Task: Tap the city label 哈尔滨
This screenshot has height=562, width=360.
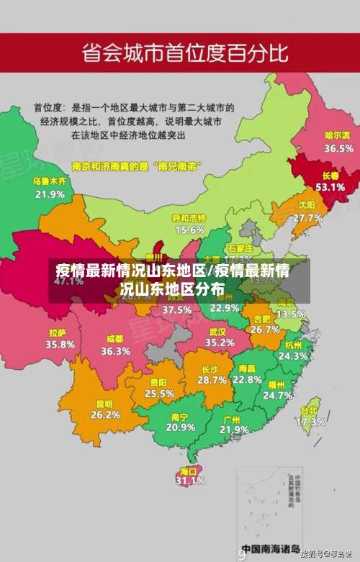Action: [x=337, y=135]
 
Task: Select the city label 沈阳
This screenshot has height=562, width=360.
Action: [x=307, y=205]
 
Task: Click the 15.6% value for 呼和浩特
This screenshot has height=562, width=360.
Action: [x=189, y=230]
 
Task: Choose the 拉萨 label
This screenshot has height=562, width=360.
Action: [x=58, y=333]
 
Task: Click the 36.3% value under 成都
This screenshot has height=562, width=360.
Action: [x=115, y=351]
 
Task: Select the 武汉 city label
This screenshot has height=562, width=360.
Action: [x=217, y=332]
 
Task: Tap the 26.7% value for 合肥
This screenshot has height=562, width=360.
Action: [x=265, y=330]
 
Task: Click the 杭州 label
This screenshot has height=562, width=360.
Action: [x=294, y=345]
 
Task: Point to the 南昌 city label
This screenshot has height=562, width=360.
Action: [x=247, y=368]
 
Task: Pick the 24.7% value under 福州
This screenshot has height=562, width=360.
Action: [x=278, y=395]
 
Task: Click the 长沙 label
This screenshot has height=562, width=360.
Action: [x=212, y=368]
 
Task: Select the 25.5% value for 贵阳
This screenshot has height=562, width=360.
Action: [x=159, y=394]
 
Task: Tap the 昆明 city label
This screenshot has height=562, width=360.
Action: [x=105, y=404]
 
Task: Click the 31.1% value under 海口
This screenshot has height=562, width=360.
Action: [x=190, y=481]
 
